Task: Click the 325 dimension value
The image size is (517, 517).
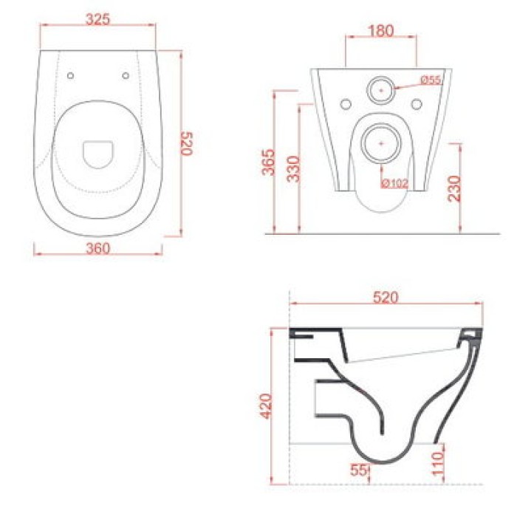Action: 97,20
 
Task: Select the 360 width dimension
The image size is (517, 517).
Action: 97,248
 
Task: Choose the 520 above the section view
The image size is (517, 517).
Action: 386,298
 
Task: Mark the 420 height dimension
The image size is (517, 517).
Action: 267,406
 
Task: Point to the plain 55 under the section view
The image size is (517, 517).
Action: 358,468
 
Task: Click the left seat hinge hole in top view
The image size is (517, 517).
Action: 71,75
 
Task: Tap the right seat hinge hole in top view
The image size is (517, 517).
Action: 125,75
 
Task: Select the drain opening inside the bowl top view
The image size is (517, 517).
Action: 97,153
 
